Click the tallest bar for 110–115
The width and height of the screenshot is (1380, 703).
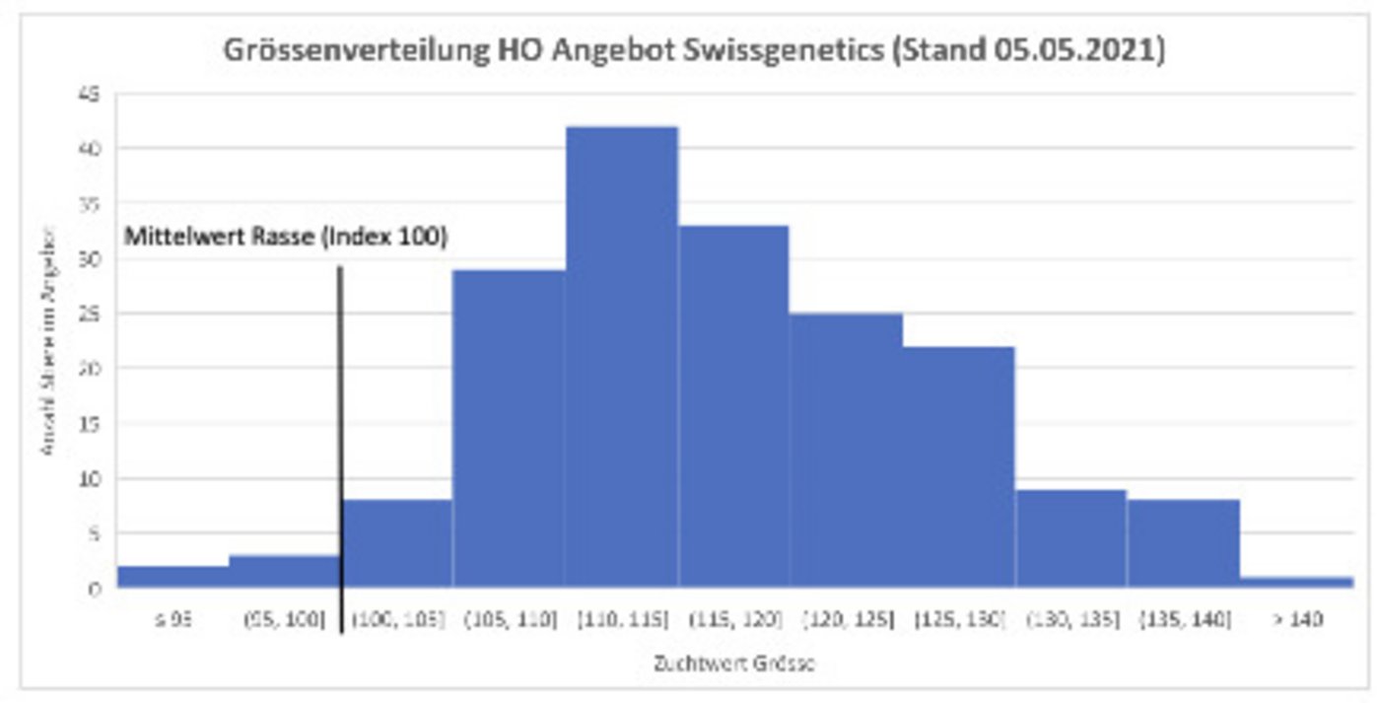[x=621, y=355]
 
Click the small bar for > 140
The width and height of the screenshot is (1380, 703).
[x=1295, y=582]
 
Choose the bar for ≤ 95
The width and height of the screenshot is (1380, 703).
[x=172, y=577]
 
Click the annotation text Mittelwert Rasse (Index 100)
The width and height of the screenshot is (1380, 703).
[x=286, y=238]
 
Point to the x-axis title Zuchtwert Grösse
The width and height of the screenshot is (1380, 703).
[x=733, y=664]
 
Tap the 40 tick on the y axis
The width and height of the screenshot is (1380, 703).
[x=95, y=149]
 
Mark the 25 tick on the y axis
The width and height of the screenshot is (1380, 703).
[x=95, y=315]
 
